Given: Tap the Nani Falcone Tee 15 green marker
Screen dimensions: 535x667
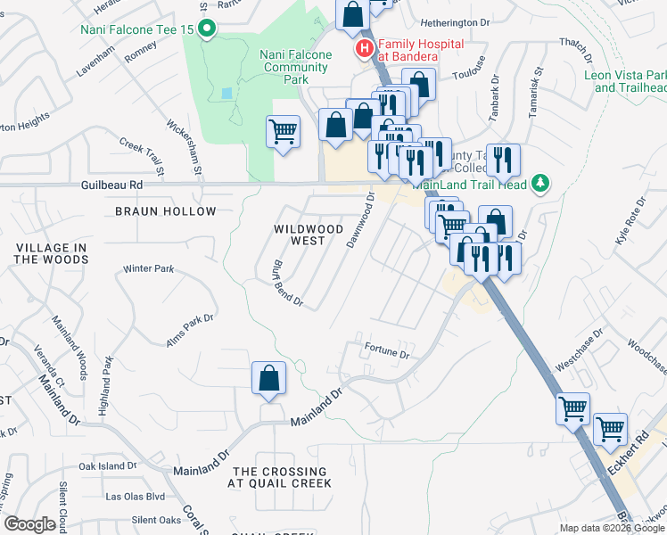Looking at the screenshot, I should (x=208, y=29).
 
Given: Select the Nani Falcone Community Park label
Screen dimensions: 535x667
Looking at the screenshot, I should (x=295, y=67).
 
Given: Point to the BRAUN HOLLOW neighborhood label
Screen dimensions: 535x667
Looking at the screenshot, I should (x=166, y=211).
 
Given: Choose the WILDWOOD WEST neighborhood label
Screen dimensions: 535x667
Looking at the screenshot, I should (x=309, y=235).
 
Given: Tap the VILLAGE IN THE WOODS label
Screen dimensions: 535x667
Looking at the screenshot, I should (x=51, y=253).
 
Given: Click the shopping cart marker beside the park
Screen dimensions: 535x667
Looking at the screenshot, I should (x=283, y=133).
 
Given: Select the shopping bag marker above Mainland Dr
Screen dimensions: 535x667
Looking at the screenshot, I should (x=268, y=378).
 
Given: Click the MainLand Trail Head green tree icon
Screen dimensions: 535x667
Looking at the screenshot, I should (x=538, y=184).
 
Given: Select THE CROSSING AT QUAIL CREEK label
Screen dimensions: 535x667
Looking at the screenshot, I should (x=279, y=477).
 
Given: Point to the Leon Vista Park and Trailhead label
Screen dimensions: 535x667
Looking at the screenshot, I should (x=625, y=81).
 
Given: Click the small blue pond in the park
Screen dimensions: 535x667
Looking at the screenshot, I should (x=226, y=93).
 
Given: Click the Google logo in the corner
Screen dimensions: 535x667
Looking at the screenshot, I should (x=30, y=524).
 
